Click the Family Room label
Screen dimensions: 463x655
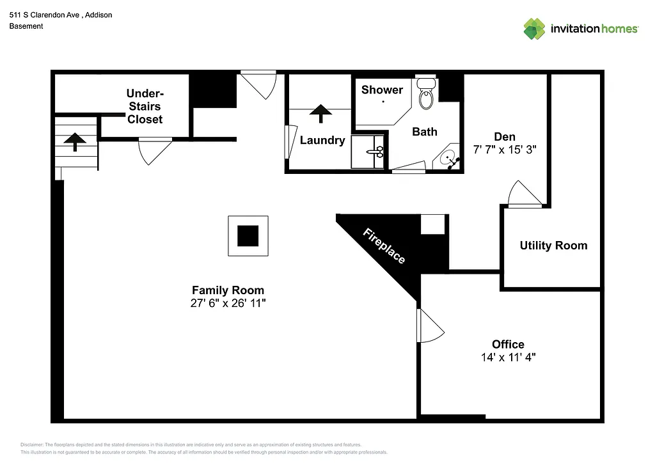[x=228, y=290]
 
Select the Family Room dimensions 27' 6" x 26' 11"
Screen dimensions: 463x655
[x=228, y=304]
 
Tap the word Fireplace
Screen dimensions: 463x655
[x=384, y=246]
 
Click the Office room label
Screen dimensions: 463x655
[x=508, y=345]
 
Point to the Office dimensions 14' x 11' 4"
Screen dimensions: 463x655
[x=508, y=357]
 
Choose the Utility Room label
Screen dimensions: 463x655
[x=553, y=246]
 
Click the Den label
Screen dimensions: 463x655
[x=504, y=137]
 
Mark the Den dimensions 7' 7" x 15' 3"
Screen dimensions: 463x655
[x=504, y=150]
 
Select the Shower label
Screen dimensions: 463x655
[x=382, y=90]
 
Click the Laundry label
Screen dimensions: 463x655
[x=322, y=141]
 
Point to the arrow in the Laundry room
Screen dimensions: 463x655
[x=320, y=113]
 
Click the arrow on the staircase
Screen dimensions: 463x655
[x=75, y=141]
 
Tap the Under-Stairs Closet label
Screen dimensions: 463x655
[x=145, y=106]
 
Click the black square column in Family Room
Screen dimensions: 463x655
[x=248, y=236]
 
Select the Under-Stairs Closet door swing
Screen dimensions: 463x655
[x=154, y=150]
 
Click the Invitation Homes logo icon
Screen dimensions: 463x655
[x=534, y=29]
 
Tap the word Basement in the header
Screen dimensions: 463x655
[x=26, y=26]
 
